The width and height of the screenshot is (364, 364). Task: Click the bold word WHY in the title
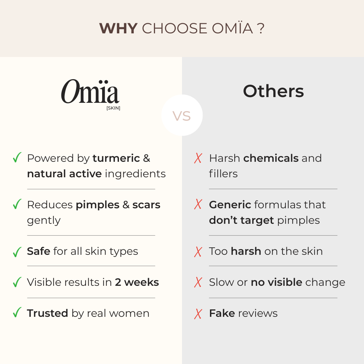point(118,29)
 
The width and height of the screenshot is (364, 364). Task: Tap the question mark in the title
point(261,29)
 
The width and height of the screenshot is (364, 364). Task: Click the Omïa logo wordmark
point(90,91)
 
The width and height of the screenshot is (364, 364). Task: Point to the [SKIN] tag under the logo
point(113,108)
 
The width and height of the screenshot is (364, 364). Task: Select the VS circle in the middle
point(182,115)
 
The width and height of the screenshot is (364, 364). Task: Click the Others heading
point(273,91)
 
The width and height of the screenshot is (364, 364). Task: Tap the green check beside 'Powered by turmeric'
point(17,157)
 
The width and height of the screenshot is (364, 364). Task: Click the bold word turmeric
point(116,158)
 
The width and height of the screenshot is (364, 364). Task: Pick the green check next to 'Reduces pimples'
point(17,204)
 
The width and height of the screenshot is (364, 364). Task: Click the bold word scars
point(146,205)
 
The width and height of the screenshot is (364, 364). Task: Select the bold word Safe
point(38,251)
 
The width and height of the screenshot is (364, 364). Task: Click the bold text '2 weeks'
point(137,282)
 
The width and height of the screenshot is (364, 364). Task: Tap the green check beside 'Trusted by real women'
point(17,312)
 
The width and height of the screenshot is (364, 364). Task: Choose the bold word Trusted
point(48,313)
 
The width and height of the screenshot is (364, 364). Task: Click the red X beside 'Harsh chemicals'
point(198,158)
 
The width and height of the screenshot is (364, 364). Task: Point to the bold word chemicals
point(271,158)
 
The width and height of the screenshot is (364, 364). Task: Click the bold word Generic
point(230,205)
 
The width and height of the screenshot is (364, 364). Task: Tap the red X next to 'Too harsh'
point(198,252)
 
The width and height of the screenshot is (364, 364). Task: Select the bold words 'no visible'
point(276,282)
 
